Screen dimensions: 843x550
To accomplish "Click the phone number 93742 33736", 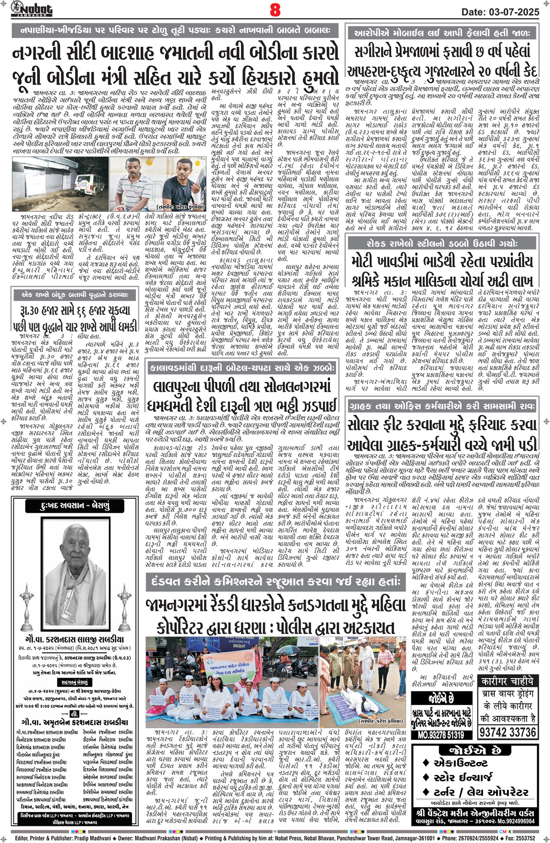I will tap(508, 732).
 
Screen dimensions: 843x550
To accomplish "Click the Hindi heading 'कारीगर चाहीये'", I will tap(508, 682).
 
